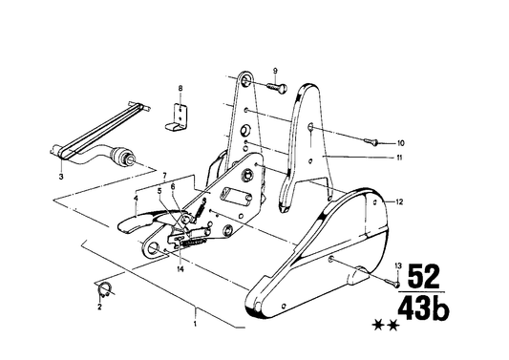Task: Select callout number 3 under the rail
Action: pyautogui.click(x=61, y=176)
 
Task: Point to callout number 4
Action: pyautogui.click(x=137, y=199)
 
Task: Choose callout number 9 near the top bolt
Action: pyautogui.click(x=274, y=72)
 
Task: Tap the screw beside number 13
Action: pyautogui.click(x=392, y=281)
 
